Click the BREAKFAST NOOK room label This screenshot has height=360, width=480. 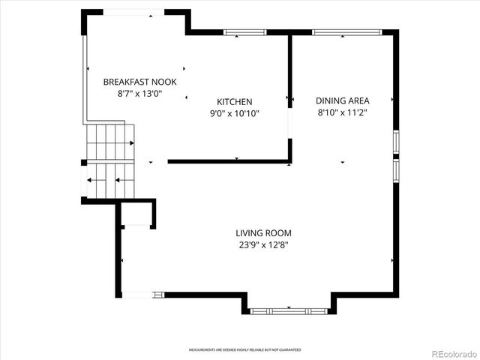coord(139,82)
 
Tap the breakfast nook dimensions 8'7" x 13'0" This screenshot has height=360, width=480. coord(139,94)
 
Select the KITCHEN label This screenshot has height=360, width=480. coord(235,102)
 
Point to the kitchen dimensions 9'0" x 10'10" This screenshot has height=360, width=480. coord(235,113)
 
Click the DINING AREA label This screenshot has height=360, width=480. coord(342,100)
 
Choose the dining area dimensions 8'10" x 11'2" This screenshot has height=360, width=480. coord(342,112)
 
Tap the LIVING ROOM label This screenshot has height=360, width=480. coord(263,233)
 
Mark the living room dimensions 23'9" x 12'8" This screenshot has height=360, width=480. coord(263,244)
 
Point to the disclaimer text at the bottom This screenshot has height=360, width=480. coord(244,350)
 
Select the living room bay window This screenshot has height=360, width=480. coord(289,310)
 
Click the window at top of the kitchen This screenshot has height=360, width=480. coord(245,32)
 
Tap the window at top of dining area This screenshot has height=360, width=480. coord(346,32)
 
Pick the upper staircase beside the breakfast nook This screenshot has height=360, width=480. coord(109,142)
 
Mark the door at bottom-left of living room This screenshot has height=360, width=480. coord(138,295)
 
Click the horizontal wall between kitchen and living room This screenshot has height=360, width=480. coord(229,161)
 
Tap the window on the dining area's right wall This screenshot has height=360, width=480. coord(396,155)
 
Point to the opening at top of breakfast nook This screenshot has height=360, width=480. coord(124,13)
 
